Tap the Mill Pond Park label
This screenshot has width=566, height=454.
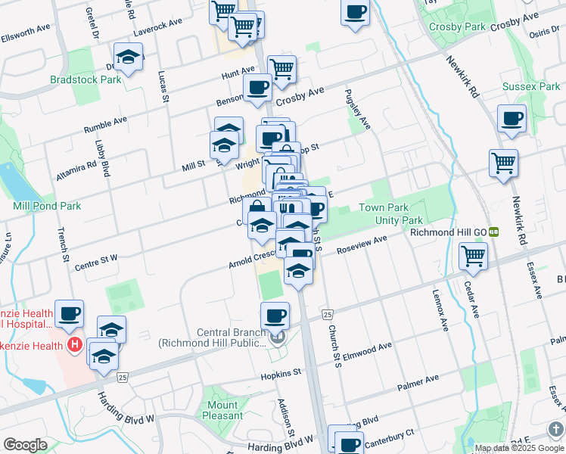point(47,206)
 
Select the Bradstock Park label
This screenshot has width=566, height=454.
point(86,79)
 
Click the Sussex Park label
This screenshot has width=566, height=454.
point(531,87)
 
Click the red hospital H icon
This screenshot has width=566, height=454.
point(74,346)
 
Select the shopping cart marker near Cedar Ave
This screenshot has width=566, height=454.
point(473,257)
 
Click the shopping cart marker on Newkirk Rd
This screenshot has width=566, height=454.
point(503,162)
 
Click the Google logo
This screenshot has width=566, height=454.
point(26,445)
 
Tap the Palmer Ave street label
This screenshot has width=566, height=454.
point(418,382)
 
